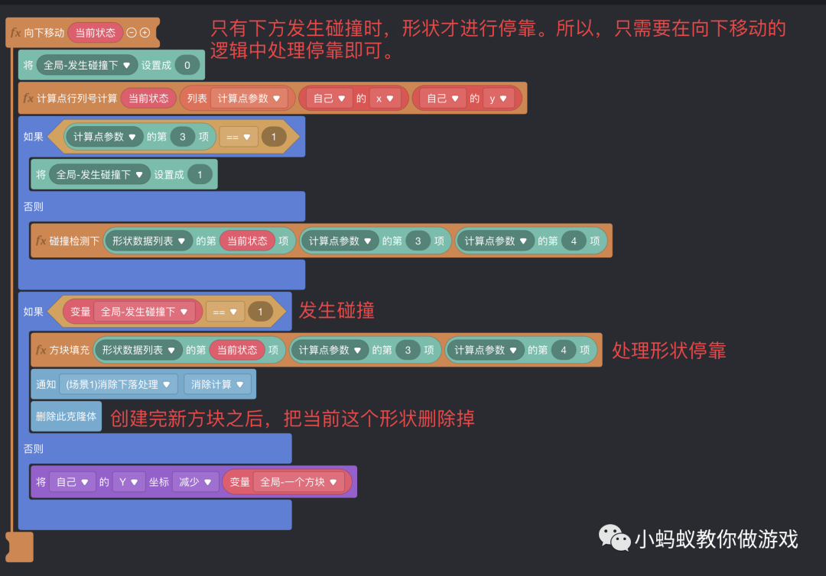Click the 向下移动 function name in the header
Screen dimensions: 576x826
[x=44, y=33]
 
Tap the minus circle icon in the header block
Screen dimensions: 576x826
[x=132, y=33]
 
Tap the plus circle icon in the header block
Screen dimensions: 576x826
[x=145, y=33]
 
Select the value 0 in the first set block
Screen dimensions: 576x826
[x=187, y=65]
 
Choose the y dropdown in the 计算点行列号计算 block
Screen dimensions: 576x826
[x=498, y=98]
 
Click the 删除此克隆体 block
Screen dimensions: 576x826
[x=67, y=416]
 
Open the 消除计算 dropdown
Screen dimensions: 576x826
[x=217, y=384]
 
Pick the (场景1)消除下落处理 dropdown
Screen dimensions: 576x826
[x=118, y=384]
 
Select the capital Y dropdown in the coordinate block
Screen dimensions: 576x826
[x=128, y=482]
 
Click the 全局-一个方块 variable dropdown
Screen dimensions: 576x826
[x=298, y=482]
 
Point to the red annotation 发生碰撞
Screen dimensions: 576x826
[x=337, y=311]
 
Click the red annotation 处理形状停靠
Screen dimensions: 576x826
[x=668, y=350]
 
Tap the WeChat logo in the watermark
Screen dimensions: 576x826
[x=615, y=538]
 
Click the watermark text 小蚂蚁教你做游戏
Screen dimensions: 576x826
[x=716, y=539]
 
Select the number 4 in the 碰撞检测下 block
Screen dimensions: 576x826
[x=573, y=241]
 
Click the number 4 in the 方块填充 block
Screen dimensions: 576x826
[x=563, y=350]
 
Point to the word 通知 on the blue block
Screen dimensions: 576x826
[x=46, y=384]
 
